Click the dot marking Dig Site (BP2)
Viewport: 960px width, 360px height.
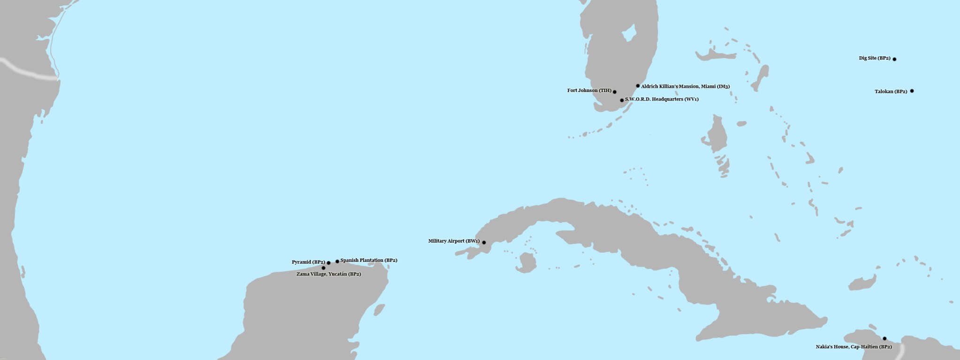pyautogui.click(x=894, y=59)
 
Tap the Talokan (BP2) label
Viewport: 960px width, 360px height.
pyautogui.click(x=891, y=92)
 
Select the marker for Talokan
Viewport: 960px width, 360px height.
pyautogui.click(x=912, y=91)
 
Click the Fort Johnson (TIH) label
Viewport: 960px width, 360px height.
pyautogui.click(x=589, y=91)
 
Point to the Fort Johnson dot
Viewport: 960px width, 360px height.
pyautogui.click(x=615, y=92)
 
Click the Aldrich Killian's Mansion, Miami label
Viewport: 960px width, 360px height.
pyautogui.click(x=685, y=86)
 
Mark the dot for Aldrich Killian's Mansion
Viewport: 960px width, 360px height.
pyautogui.click(x=638, y=86)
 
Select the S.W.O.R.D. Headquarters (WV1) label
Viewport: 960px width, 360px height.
pyautogui.click(x=662, y=100)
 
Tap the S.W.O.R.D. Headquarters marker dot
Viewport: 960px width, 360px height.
pyautogui.click(x=622, y=100)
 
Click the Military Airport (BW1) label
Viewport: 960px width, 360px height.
pyautogui.click(x=454, y=241)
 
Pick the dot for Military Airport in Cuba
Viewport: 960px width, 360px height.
pyautogui.click(x=484, y=243)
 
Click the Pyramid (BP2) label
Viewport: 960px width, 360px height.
pyautogui.click(x=308, y=262)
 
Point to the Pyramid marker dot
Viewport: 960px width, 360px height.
pyautogui.click(x=328, y=263)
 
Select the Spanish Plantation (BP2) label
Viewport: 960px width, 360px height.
pyautogui.click(x=369, y=260)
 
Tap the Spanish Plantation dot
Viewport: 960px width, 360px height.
pyautogui.click(x=337, y=261)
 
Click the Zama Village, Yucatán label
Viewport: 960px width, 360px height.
pyautogui.click(x=328, y=274)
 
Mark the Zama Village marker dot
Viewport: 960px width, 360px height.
pyautogui.click(x=323, y=268)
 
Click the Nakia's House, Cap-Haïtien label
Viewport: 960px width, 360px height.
pyautogui.click(x=853, y=347)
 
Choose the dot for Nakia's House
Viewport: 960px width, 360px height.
pyautogui.click(x=884, y=338)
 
